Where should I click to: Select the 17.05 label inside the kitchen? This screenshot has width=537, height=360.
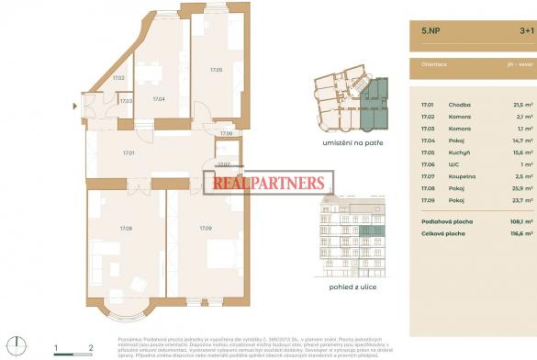215,70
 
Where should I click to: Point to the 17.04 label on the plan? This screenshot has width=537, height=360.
158,98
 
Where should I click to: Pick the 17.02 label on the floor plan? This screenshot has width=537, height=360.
118,78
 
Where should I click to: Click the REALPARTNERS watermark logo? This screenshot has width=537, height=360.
268,184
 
